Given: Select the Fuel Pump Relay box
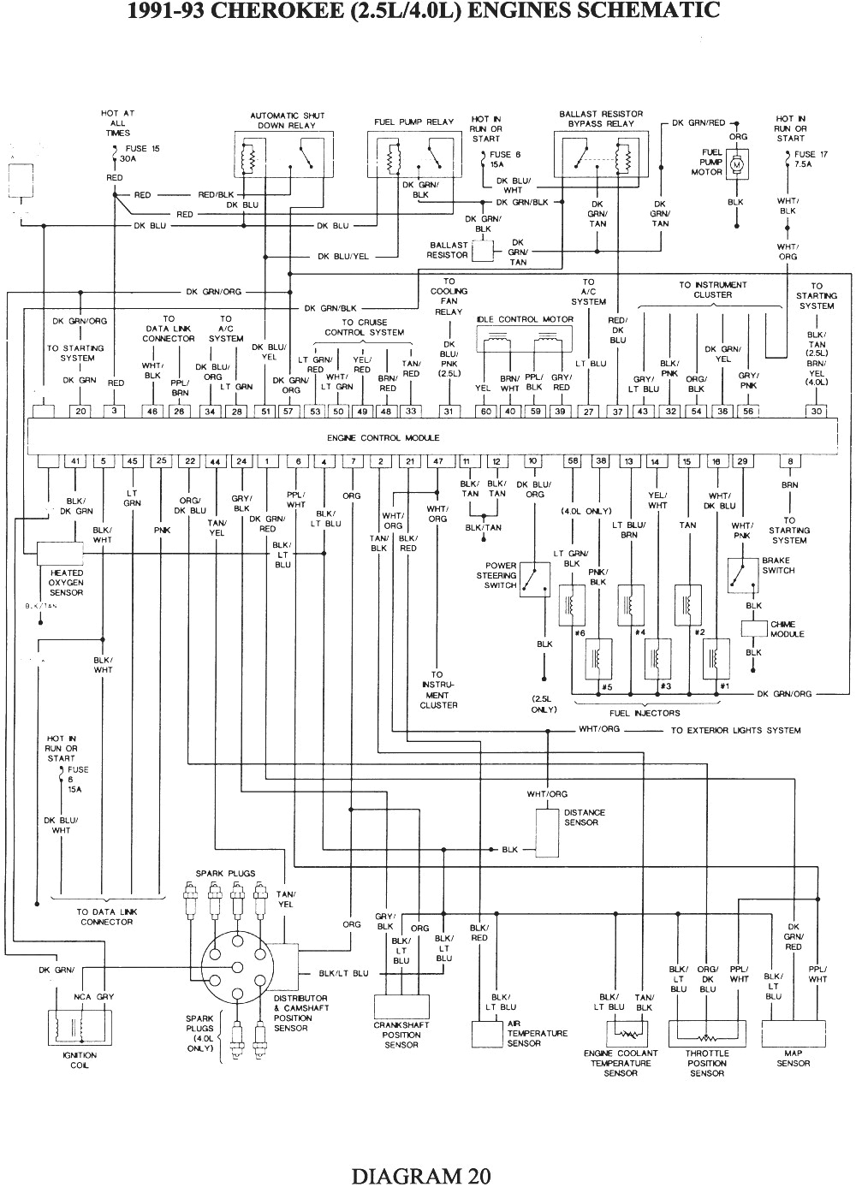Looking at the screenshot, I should pyautogui.click(x=413, y=154).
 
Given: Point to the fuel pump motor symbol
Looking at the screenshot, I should pyautogui.click(x=737, y=163).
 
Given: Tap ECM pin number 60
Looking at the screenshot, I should pyautogui.click(x=485, y=412).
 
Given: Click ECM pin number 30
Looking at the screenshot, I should pyautogui.click(x=817, y=412).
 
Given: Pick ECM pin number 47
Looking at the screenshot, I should pyautogui.click(x=438, y=462).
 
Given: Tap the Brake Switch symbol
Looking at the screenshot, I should pyautogui.click(x=742, y=574).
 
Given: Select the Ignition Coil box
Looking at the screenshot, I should pyautogui.click(x=80, y=1027).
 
